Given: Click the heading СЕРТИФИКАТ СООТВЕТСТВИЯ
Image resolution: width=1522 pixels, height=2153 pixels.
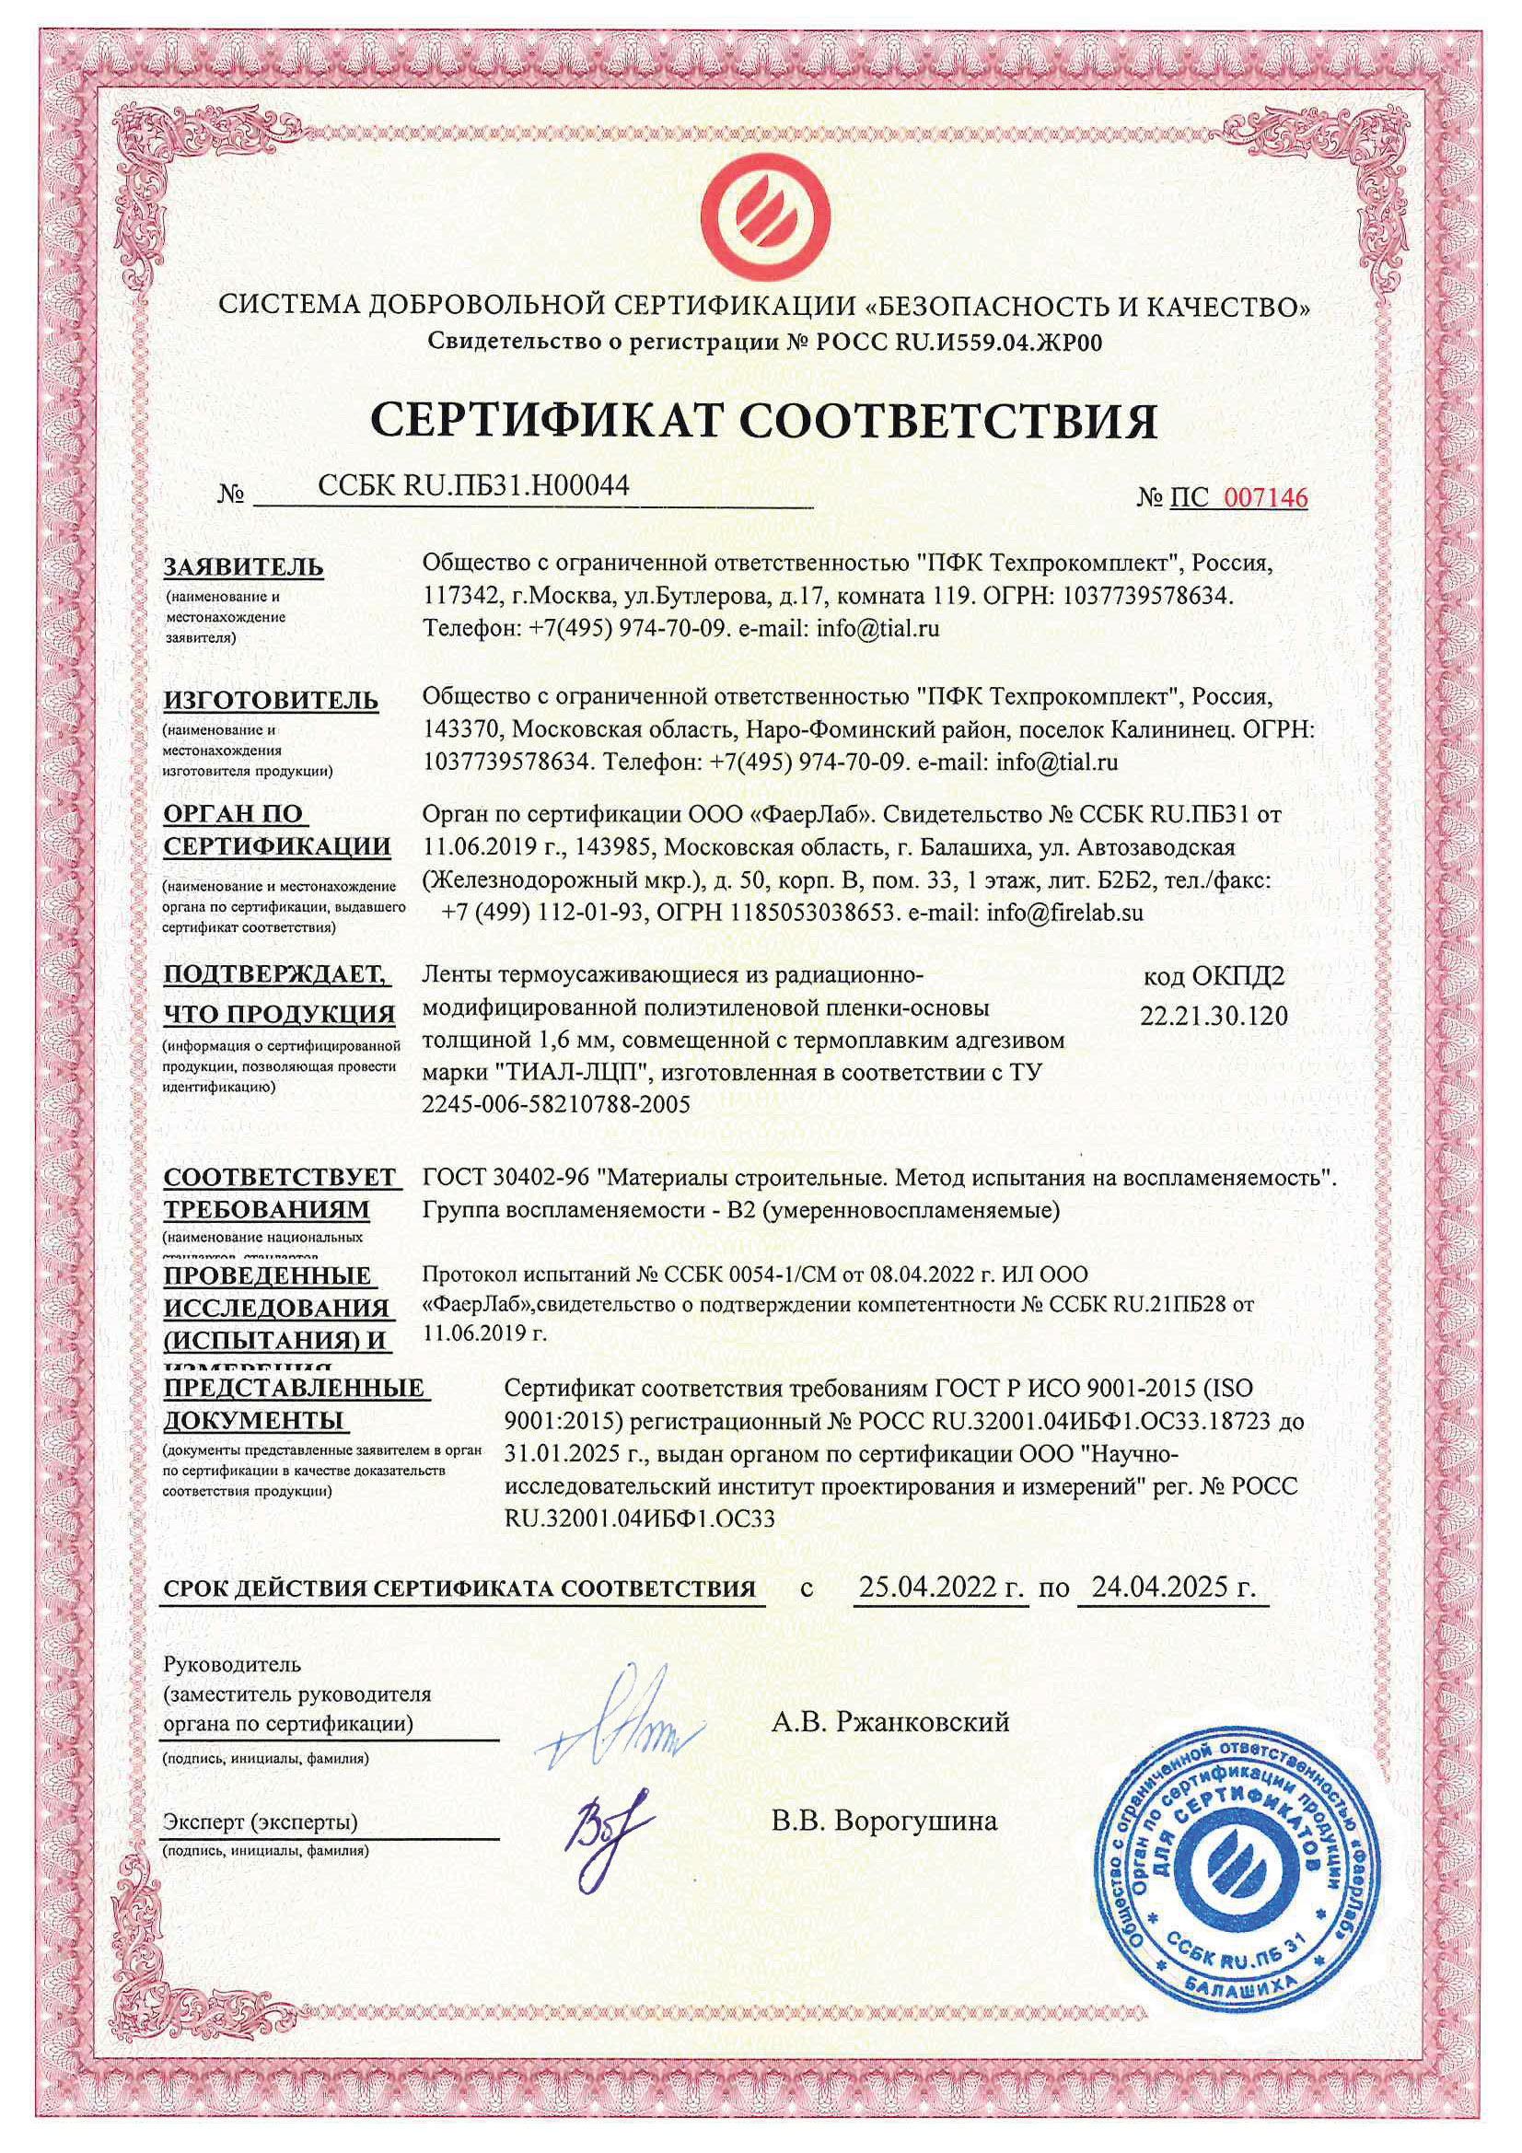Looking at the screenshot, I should coord(763,421).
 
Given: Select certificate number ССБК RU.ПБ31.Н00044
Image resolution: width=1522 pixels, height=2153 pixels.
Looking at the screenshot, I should coord(472,485).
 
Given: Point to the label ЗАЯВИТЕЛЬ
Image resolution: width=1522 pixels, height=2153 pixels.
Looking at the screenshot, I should coord(244,567).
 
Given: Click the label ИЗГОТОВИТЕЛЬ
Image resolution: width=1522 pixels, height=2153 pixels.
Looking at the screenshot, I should coord(271,701).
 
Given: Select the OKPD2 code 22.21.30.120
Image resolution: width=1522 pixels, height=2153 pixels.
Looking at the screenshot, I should coord(1214,1017).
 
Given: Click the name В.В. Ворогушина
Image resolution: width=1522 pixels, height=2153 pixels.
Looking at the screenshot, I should coord(884,1821).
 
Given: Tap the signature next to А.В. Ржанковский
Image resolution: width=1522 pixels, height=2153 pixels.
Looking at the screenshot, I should coord(623,1724).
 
